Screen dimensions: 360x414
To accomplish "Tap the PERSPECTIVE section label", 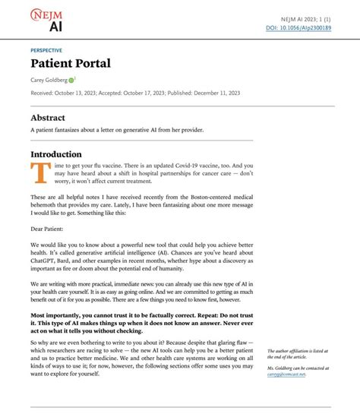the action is [46, 50].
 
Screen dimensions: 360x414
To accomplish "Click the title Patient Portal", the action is [71, 63].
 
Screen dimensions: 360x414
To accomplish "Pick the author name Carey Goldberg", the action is [49, 80].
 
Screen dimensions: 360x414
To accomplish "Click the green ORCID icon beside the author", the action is [71, 80].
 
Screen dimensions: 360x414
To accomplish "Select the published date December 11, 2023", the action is [215, 93].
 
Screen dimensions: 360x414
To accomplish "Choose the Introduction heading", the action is [55, 154].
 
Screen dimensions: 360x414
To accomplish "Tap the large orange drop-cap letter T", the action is [36, 174].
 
